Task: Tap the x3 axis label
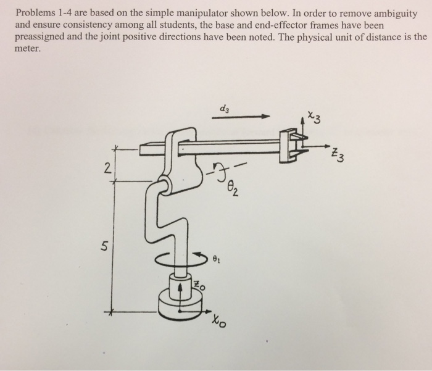[314, 117]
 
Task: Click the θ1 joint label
[215, 261]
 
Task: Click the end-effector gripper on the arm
[290, 146]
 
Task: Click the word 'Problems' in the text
[35, 12]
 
